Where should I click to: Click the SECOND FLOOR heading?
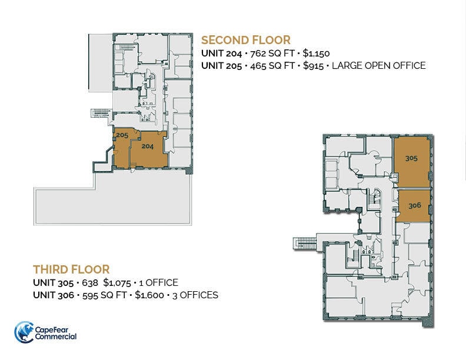coord(245,40)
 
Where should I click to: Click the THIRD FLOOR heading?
coord(71,269)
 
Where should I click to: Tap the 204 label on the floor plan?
coord(147,147)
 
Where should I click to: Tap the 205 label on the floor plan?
coord(122,135)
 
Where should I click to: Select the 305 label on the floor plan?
coord(411,158)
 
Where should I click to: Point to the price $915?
coord(313,66)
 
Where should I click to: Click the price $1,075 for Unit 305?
coord(118,283)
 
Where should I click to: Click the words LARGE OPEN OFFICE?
coord(378,66)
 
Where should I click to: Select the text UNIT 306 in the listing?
coord(53,295)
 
